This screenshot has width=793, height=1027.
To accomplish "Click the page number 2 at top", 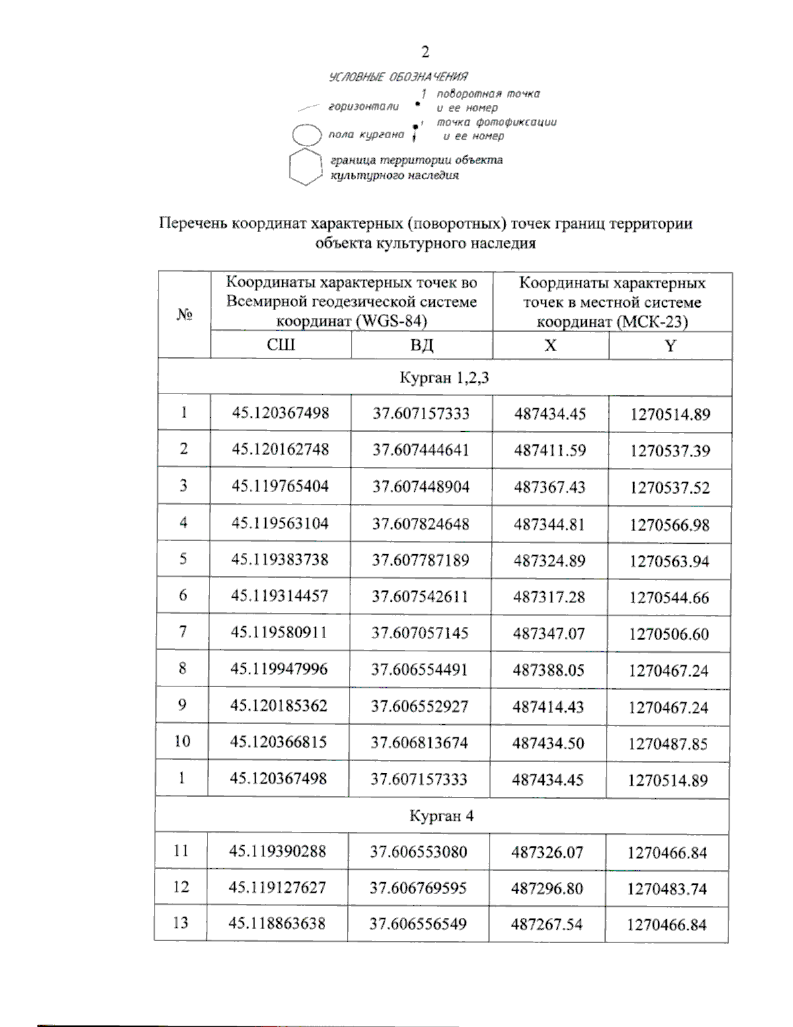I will pyautogui.click(x=425, y=52).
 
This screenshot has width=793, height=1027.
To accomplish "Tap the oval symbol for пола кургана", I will pyautogui.click(x=307, y=135).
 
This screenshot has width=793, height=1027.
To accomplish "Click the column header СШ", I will pyautogui.click(x=280, y=345).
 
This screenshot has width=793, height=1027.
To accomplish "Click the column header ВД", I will pyautogui.click(x=421, y=345).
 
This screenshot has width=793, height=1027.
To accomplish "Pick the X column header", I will pyautogui.click(x=550, y=345).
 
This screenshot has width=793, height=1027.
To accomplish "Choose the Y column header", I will pyautogui.click(x=670, y=345).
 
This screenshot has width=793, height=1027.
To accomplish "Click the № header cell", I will pyautogui.click(x=184, y=314).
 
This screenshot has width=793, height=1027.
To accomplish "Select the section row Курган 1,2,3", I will pyautogui.click(x=444, y=378).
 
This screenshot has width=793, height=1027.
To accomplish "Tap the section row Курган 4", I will pyautogui.click(x=441, y=815).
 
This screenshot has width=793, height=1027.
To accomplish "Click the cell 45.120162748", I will pyautogui.click(x=280, y=450).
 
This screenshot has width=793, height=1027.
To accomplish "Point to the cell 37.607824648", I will pyautogui.click(x=420, y=524).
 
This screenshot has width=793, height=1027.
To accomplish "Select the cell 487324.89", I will pyautogui.click(x=549, y=561).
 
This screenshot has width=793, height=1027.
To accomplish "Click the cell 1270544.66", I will pyautogui.click(x=669, y=598).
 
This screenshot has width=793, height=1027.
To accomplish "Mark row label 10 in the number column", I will pyautogui.click(x=182, y=741).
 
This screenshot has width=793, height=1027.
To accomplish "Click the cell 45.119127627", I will pyautogui.click(x=278, y=887).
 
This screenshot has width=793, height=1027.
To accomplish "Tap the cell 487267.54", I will pyautogui.click(x=547, y=924).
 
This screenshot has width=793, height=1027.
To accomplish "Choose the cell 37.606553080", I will pyautogui.click(x=418, y=852).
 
